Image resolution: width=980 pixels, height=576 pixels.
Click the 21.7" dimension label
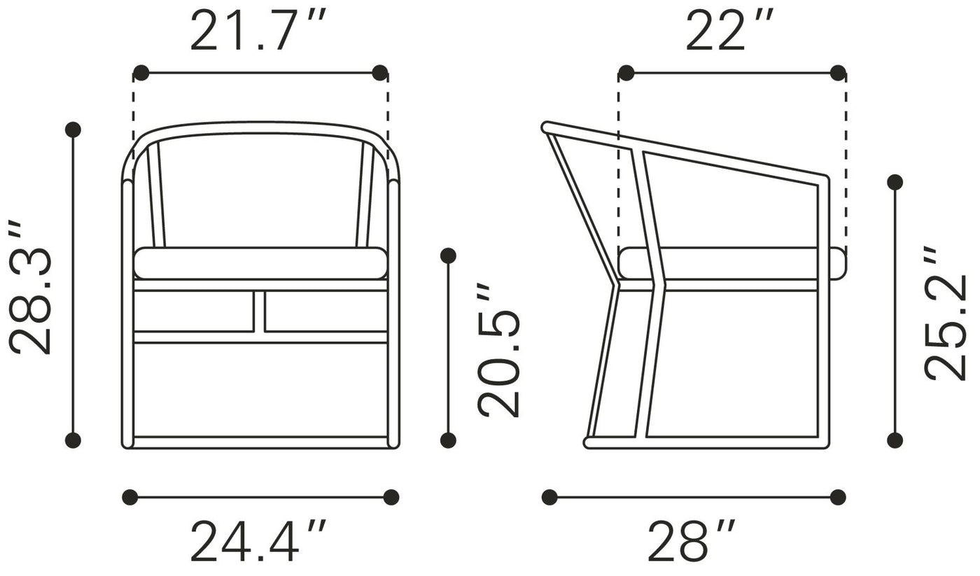(x=258, y=29)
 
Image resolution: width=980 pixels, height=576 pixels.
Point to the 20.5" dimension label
(x=498, y=351)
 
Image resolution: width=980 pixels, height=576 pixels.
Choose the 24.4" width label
(x=258, y=540)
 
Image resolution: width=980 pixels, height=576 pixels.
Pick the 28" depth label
(x=692, y=540)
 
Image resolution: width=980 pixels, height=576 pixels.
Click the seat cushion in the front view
(x=260, y=263)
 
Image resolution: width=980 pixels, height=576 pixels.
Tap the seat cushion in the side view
(x=731, y=263)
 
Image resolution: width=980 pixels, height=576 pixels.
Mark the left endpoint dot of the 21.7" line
(x=141, y=73)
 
